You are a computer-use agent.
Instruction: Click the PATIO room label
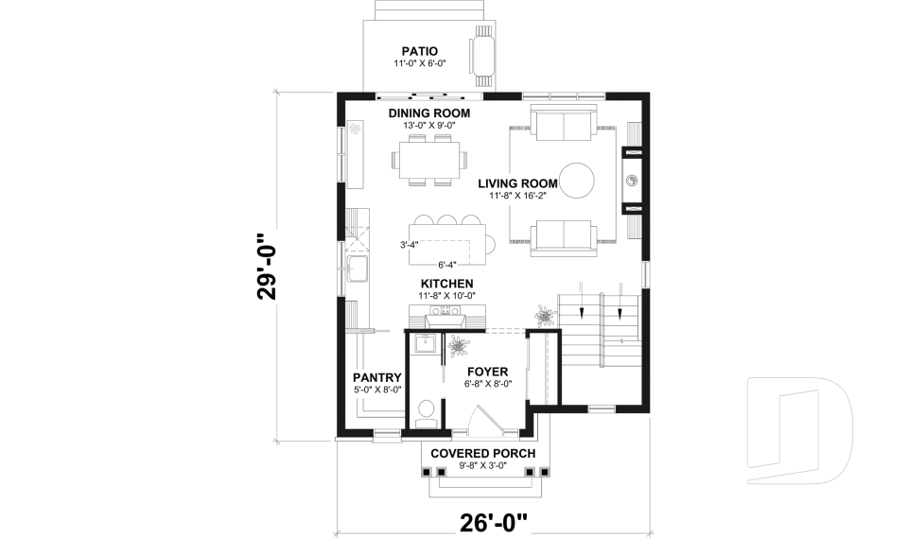419,51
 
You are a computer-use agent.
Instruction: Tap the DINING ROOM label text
428,113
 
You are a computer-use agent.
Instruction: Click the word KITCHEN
447,284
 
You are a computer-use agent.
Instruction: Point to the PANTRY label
377,377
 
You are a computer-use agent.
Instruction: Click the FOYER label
487,372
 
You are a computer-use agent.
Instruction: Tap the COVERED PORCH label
482,453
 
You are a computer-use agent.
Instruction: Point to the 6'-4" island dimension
448,265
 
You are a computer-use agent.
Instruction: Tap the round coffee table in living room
576,180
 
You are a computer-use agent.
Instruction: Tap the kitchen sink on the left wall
358,269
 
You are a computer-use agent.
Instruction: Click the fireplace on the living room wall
631,180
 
